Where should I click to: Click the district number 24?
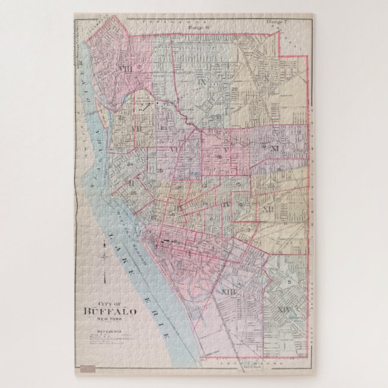(130, 164)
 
